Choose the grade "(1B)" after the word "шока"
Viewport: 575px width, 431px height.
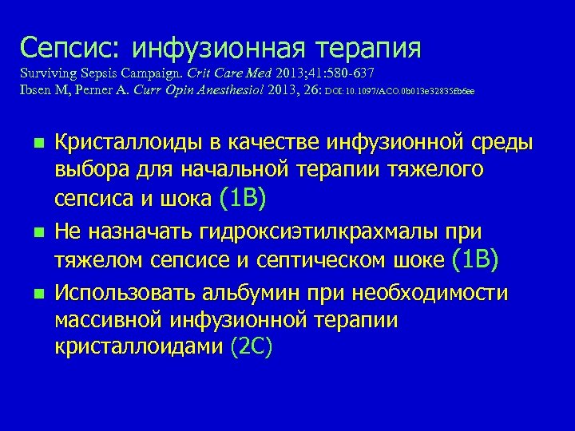pos(243,196)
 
